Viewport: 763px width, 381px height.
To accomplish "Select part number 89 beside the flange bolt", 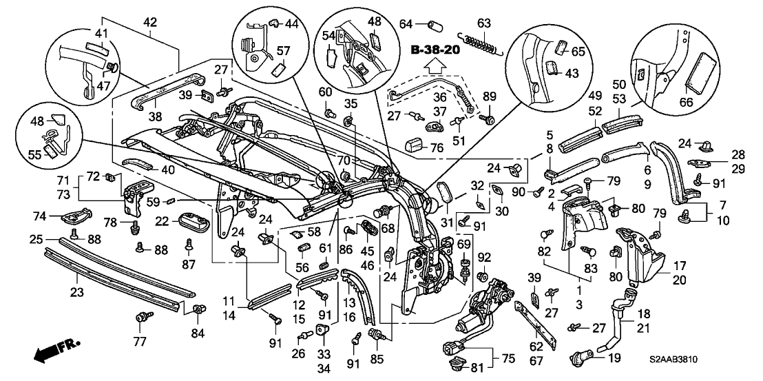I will pyautogui.click(x=489, y=96).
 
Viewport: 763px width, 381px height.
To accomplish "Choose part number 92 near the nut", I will pyautogui.click(x=483, y=258).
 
